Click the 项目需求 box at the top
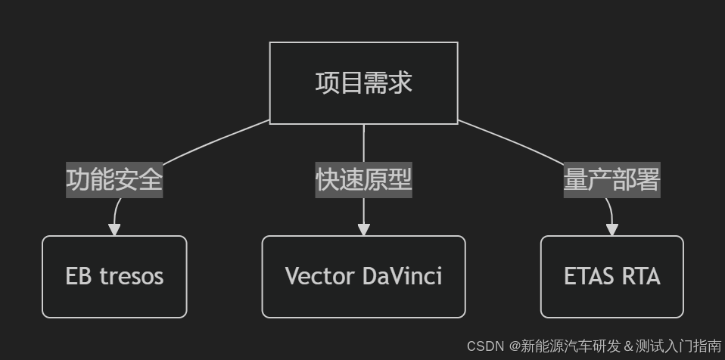click(x=363, y=82)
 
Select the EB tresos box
click(x=114, y=276)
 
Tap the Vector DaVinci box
click(x=363, y=276)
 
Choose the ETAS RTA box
click(x=611, y=276)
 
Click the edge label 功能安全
click(x=114, y=180)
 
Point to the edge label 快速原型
click(x=363, y=180)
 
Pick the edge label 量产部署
click(x=611, y=180)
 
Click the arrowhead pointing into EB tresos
click(x=114, y=229)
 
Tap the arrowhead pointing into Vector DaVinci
click(x=363, y=229)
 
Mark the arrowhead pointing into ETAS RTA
click(x=611, y=229)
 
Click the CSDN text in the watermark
click(x=485, y=346)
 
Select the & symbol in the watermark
click(x=627, y=346)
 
